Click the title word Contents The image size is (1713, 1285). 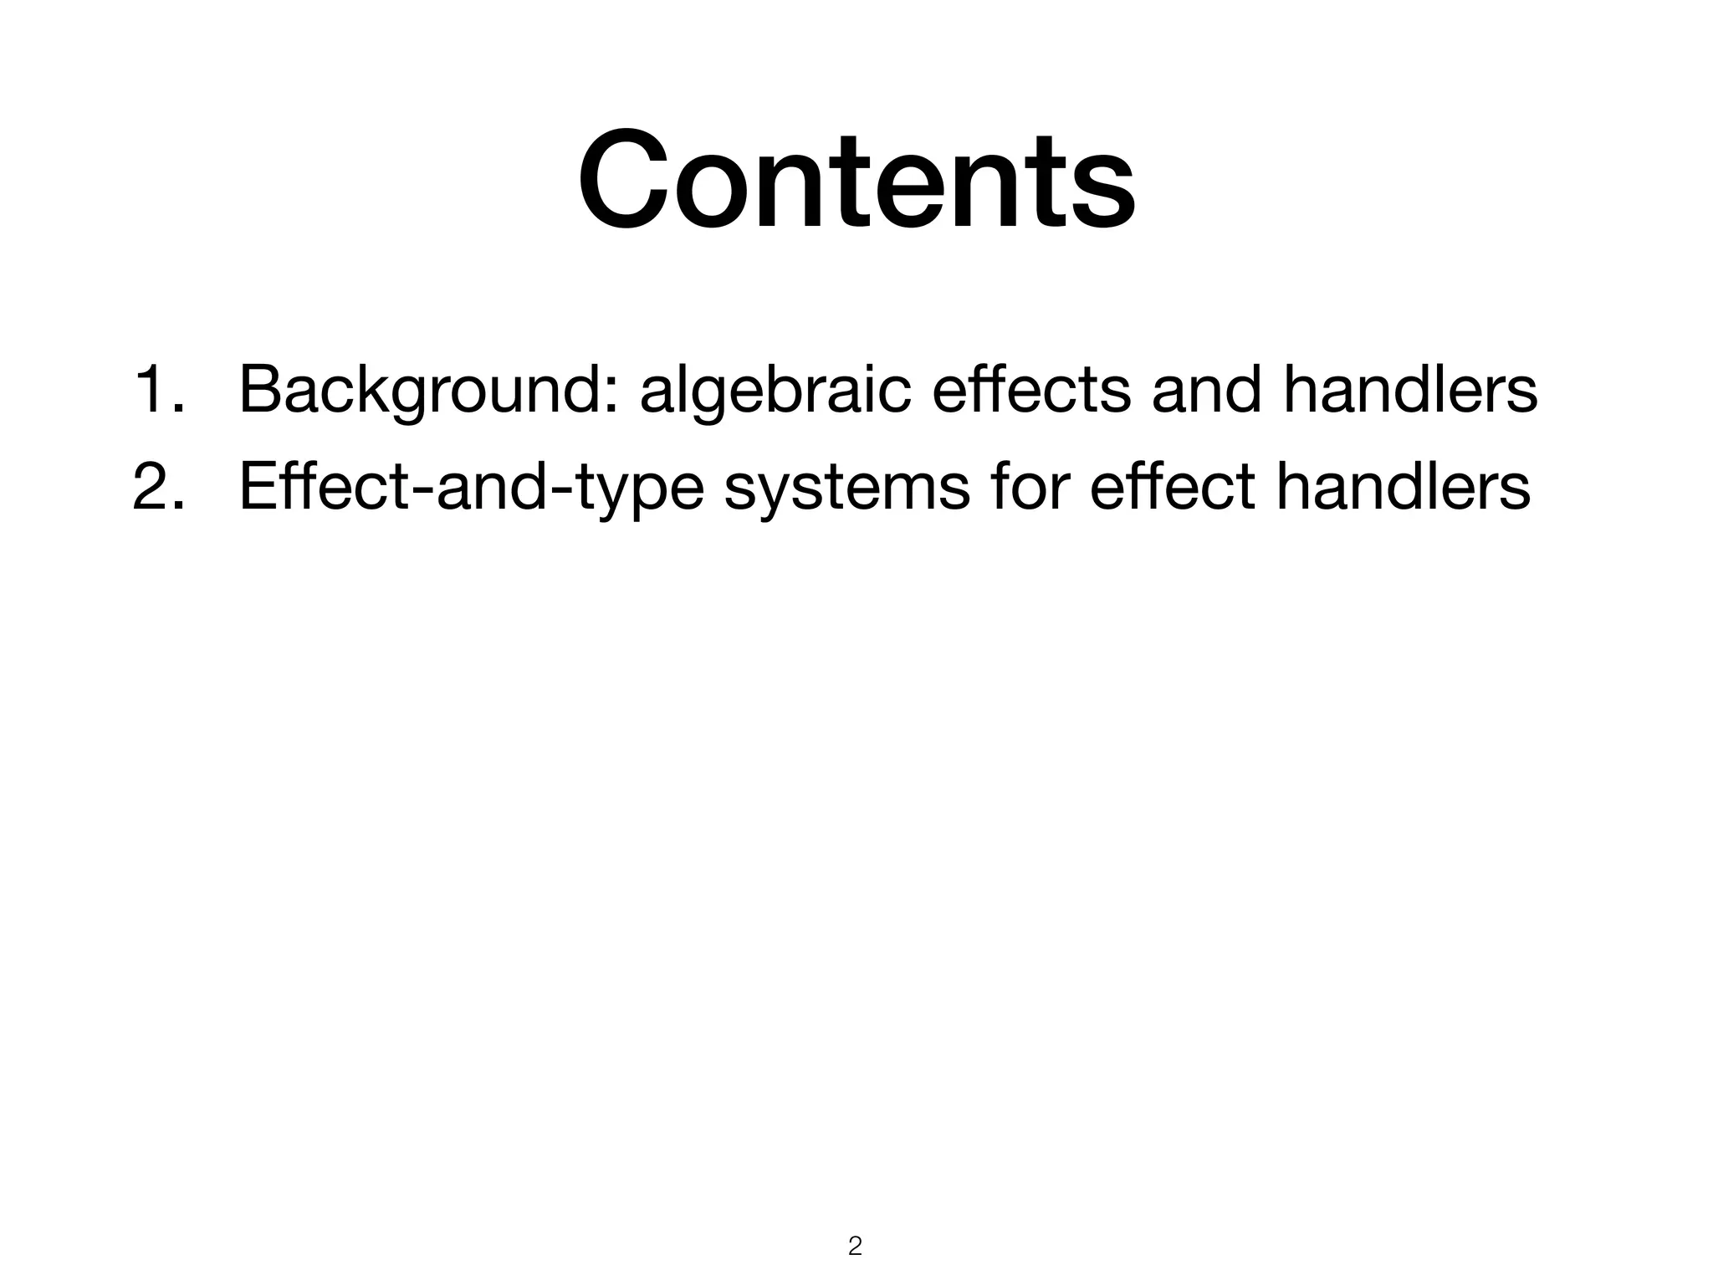coord(856,179)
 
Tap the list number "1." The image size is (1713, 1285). coord(159,390)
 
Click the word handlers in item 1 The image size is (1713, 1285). coord(1410,390)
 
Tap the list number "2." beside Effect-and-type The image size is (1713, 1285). coord(159,487)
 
